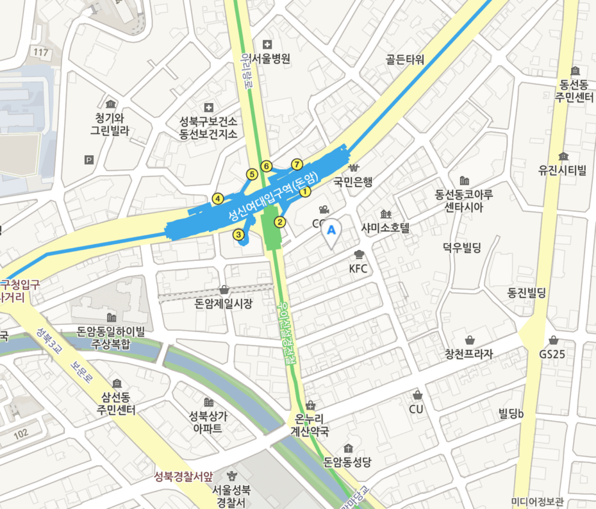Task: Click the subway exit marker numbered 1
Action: pyautogui.click(x=305, y=191)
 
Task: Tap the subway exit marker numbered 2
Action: pyautogui.click(x=279, y=222)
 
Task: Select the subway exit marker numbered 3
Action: pyautogui.click(x=239, y=235)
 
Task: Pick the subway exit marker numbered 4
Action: pyautogui.click(x=218, y=199)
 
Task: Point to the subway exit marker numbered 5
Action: pyautogui.click(x=252, y=174)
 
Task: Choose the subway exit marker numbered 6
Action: pyautogui.click(x=267, y=167)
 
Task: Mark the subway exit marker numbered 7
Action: pyautogui.click(x=296, y=164)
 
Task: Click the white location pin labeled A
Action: pyautogui.click(x=331, y=233)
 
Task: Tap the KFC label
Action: pyautogui.click(x=358, y=269)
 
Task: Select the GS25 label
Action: pyautogui.click(x=552, y=354)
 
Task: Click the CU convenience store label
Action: pyautogui.click(x=417, y=408)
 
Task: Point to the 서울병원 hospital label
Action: pyautogui.click(x=270, y=58)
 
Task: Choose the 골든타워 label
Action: pyautogui.click(x=405, y=60)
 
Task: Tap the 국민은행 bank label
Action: pyautogui.click(x=352, y=181)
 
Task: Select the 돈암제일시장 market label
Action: pyautogui.click(x=224, y=303)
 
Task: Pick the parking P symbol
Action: pyautogui.click(x=88, y=160)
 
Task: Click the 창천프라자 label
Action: pyautogui.click(x=470, y=354)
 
